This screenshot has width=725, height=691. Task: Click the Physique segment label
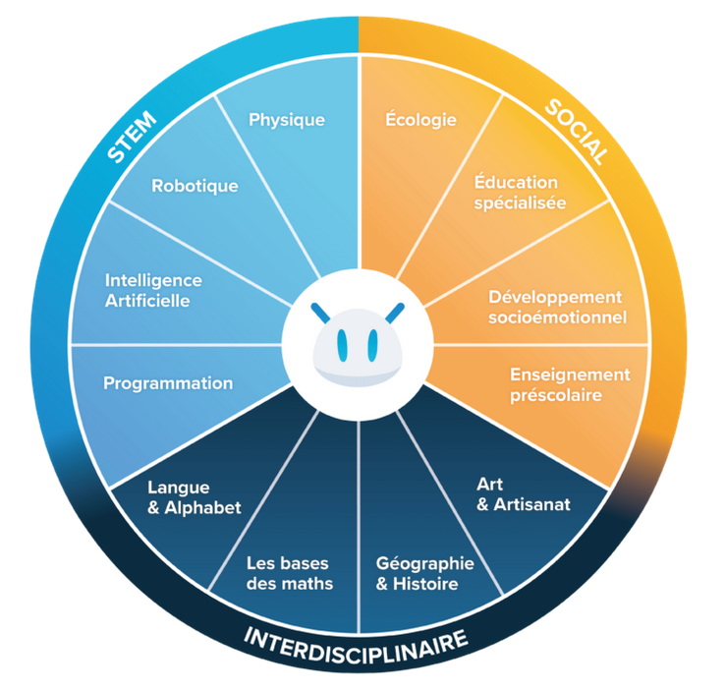coord(287,120)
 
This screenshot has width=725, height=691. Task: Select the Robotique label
coord(195,185)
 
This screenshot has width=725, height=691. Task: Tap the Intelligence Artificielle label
coord(153,290)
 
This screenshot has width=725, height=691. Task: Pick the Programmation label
coord(168,383)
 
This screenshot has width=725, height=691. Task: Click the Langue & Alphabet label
coord(194,496)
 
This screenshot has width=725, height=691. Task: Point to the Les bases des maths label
coord(289,573)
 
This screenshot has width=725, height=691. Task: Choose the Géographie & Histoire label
coord(425,573)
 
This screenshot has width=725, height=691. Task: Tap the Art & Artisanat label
coord(523,494)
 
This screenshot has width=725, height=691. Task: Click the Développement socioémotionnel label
coord(557,307)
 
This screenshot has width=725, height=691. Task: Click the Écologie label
coord(421,120)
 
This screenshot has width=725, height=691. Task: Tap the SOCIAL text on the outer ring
coord(577,129)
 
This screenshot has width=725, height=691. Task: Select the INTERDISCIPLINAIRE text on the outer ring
coord(356,643)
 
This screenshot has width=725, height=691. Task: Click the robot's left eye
coord(342,343)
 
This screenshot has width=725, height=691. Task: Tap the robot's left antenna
coord(320,314)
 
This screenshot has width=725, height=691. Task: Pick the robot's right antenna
coord(396,314)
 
